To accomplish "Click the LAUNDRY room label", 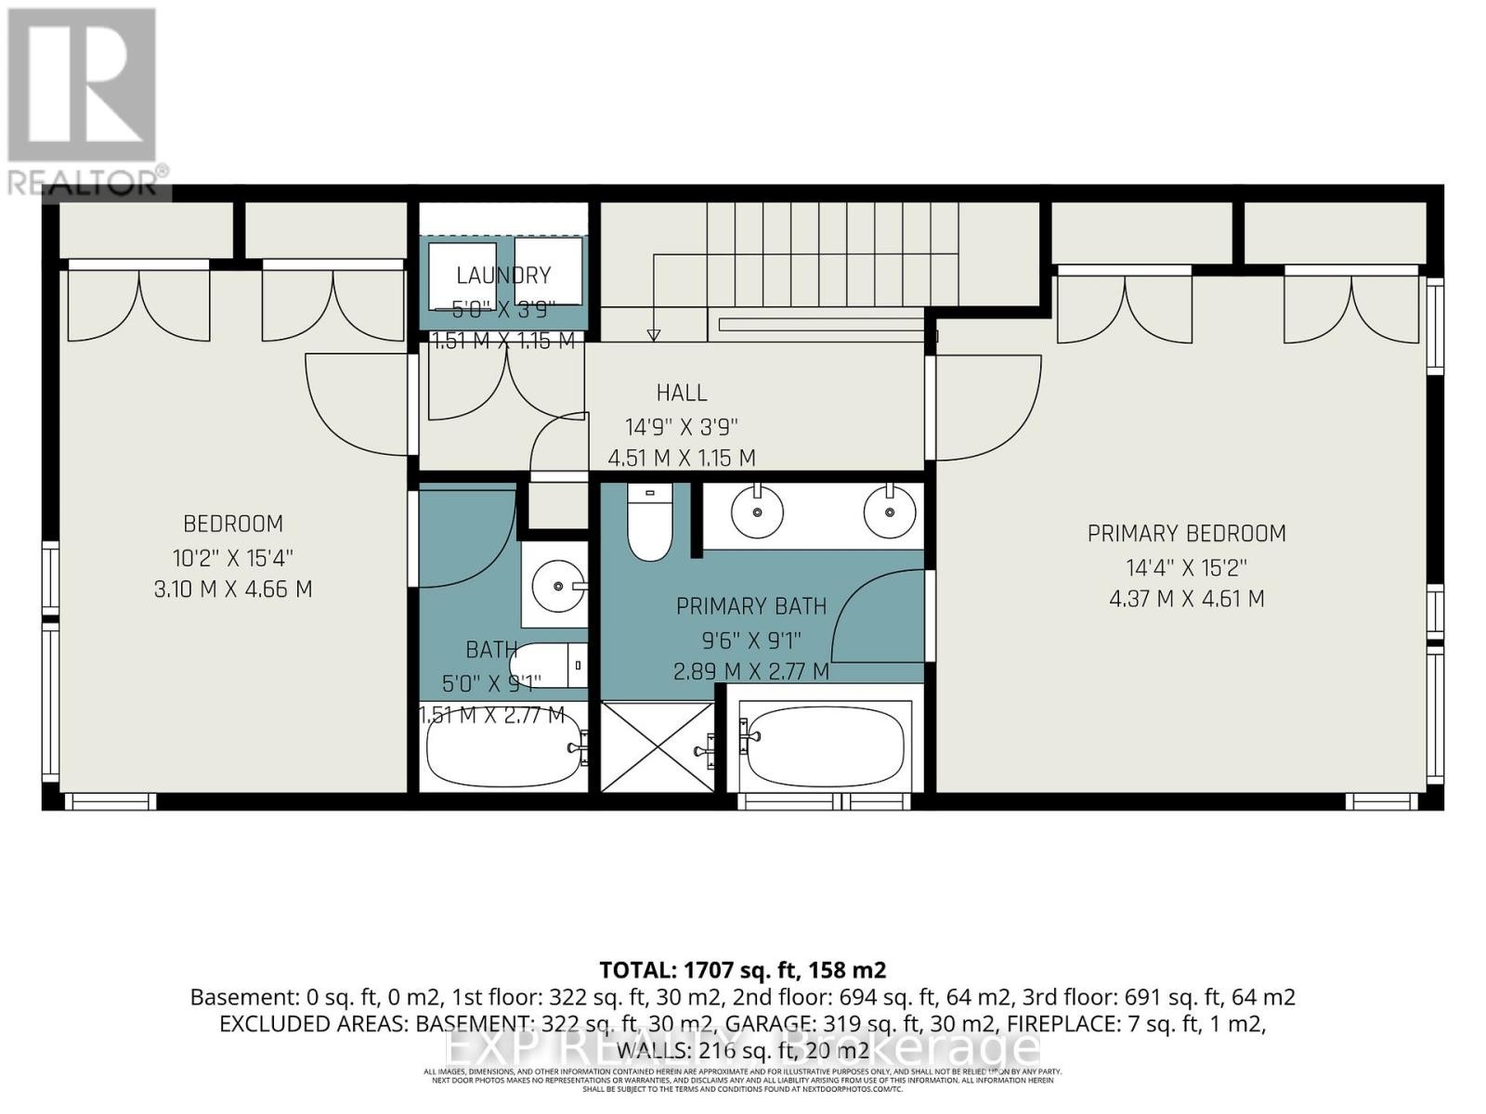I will point(503,275).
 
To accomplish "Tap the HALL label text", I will point(682,393).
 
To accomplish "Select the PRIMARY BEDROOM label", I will point(1186,534).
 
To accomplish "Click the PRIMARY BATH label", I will point(750,607).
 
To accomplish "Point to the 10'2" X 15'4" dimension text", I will point(233,558).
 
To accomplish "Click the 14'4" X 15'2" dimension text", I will point(1186,567).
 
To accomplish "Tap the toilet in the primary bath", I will point(650,524).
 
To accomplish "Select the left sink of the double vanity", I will point(757,511).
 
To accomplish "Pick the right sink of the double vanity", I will point(890,511).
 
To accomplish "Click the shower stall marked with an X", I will point(657,746).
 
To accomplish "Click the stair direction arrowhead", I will point(653,335).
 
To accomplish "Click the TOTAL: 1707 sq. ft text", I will point(742,970).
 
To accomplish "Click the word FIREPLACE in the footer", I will point(1054,1024).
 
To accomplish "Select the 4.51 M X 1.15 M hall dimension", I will point(682,458).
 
